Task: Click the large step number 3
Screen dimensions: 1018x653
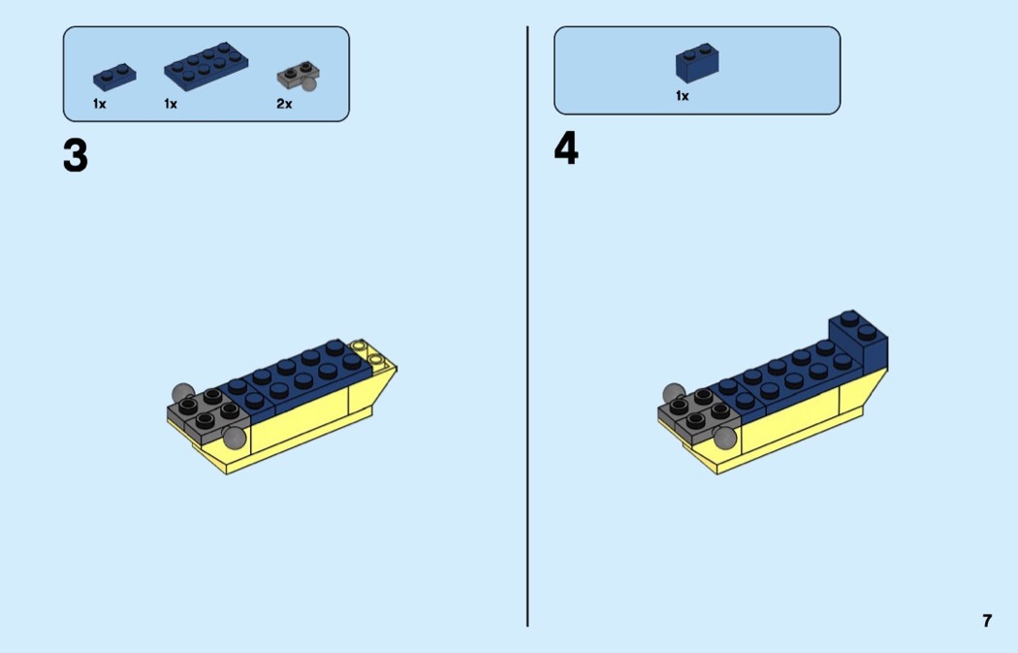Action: tap(76, 156)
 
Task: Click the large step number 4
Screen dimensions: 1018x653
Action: tap(566, 148)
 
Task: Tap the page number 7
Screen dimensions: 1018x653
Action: tap(987, 621)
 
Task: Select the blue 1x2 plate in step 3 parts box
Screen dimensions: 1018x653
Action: tap(114, 78)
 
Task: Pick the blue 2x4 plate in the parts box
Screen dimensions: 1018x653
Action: tap(206, 66)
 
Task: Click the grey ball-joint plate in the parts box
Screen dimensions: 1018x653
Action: tap(299, 76)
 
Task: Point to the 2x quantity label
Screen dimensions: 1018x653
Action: tap(284, 104)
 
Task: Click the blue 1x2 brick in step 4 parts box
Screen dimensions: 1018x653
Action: tap(697, 62)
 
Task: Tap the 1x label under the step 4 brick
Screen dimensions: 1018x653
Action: tap(682, 96)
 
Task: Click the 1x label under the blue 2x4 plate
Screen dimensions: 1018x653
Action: tap(171, 104)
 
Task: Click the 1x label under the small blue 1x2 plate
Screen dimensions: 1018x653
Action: tap(99, 104)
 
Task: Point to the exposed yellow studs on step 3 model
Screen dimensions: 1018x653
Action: tap(366, 351)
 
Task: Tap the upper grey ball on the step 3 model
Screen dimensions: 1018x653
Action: tap(182, 392)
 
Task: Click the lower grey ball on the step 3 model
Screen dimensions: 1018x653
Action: tap(235, 438)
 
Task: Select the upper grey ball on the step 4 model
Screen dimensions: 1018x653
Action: tap(673, 392)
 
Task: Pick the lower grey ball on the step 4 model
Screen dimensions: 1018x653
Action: tap(726, 438)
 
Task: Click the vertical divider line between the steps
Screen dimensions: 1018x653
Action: tap(527, 326)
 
